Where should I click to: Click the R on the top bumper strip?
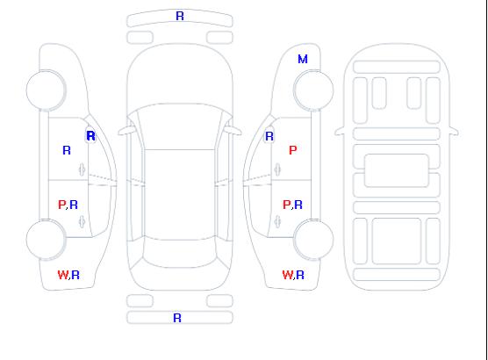click(x=180, y=16)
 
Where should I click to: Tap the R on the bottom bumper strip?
click(x=177, y=318)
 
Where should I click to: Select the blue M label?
click(x=303, y=59)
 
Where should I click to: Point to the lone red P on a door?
click(x=293, y=150)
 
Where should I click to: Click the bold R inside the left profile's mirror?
click(x=90, y=136)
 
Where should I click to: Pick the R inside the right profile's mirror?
click(x=269, y=136)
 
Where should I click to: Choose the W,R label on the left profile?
click(x=68, y=275)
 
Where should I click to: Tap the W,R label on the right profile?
click(x=293, y=275)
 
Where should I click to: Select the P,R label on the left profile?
click(x=68, y=205)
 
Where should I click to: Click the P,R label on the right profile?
click(x=292, y=205)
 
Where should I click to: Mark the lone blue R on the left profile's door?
click(x=67, y=150)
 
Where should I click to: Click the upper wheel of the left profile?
click(x=46, y=90)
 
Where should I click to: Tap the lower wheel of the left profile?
click(x=46, y=240)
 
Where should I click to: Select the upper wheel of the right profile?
click(x=313, y=90)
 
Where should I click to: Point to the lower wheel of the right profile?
click(x=313, y=240)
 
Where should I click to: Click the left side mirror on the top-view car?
click(x=126, y=131)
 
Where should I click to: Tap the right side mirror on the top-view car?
click(x=233, y=131)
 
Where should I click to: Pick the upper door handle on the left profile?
click(x=82, y=169)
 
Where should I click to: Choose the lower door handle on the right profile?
click(x=277, y=221)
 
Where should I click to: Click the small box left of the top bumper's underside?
click(x=140, y=38)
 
